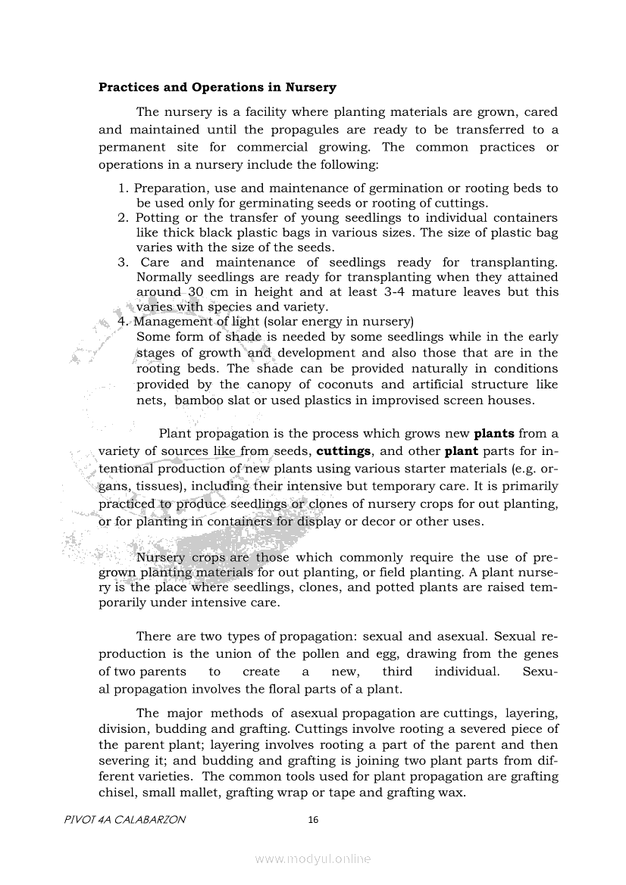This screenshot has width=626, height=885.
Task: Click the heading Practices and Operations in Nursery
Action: [218, 88]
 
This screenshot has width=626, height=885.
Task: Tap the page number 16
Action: [313, 819]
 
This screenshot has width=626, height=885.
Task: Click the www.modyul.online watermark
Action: [313, 859]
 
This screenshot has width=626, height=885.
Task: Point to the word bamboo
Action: [199, 400]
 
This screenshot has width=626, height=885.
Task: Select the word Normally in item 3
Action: [164, 276]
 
